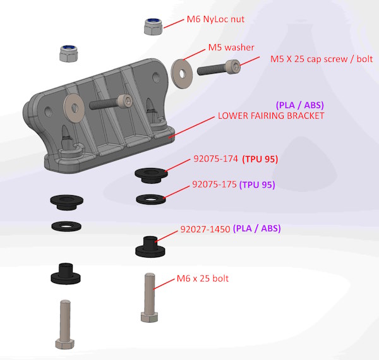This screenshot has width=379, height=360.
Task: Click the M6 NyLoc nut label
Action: coord(215,20)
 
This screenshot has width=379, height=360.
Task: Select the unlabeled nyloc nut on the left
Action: coord(68,54)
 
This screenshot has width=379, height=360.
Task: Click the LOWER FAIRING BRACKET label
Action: coord(270,116)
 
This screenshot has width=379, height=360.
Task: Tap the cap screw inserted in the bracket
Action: coord(111,102)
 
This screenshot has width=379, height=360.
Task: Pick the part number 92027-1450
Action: coord(204,229)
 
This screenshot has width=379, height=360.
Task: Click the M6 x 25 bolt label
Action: coord(202,279)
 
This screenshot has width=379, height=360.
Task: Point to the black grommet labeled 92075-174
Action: coord(150,173)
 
